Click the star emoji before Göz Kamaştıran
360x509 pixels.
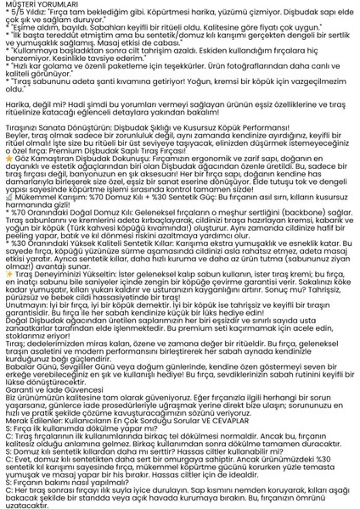pos(8,158)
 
